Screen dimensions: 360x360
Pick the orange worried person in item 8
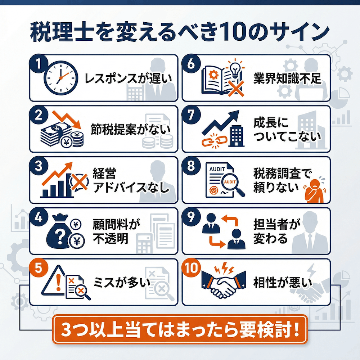[312, 189]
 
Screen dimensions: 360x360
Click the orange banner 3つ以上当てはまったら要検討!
[180, 329]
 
